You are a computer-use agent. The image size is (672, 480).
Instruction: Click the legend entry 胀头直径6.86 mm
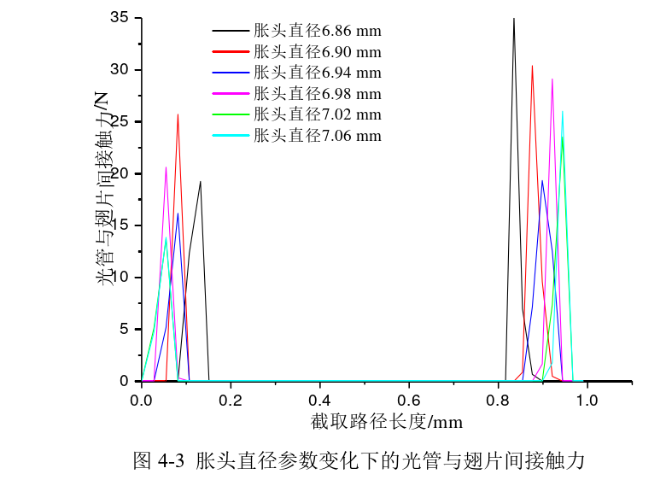(317, 30)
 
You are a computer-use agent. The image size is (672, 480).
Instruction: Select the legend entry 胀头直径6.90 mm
(317, 51)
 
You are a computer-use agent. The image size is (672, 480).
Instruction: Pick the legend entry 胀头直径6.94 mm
(317, 73)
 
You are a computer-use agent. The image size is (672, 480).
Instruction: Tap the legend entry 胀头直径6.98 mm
(317, 93)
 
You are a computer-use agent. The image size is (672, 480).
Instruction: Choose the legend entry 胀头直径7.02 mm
(317, 114)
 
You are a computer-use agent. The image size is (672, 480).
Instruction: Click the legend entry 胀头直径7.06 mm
(317, 136)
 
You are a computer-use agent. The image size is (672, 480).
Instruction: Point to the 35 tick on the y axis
(120, 18)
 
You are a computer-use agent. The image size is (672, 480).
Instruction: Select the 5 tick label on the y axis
(124, 329)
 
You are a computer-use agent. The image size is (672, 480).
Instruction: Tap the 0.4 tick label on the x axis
(320, 399)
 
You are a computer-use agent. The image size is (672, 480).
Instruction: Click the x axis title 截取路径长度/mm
(386, 422)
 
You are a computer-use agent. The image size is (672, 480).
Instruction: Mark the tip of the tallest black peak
(513, 18)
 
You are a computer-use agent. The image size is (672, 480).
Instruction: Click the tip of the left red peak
(178, 114)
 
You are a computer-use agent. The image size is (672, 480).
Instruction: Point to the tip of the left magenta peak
(166, 167)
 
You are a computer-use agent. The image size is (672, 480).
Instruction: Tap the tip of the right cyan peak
(562, 110)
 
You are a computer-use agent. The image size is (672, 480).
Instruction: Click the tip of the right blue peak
(541, 180)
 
